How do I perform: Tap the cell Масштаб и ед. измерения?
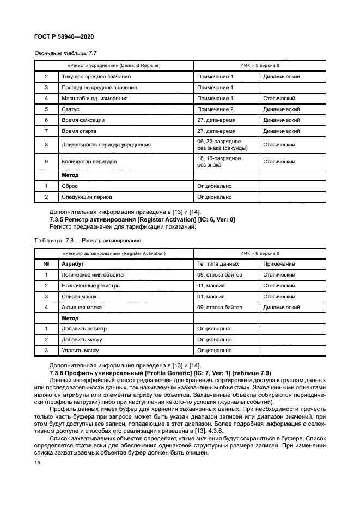point(95,99)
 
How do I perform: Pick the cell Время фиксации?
point(83,120)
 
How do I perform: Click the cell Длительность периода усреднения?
point(106,145)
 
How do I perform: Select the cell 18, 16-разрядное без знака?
point(219,161)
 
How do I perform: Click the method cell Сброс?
point(70,186)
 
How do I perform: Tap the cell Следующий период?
point(87,197)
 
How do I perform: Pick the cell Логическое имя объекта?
point(93,275)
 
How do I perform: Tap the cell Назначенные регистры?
point(91,286)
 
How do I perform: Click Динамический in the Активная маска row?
point(281,308)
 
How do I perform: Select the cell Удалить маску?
point(80,351)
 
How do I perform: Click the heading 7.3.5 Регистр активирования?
point(142,220)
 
